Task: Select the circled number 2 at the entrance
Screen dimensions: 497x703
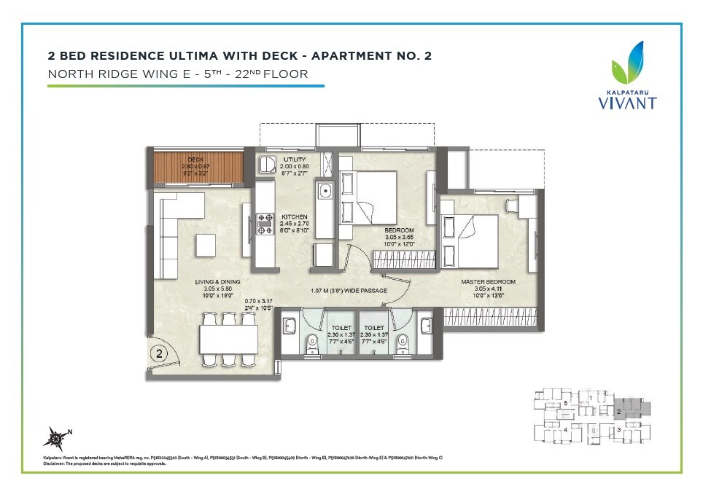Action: point(158,355)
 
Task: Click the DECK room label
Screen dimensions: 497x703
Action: point(195,159)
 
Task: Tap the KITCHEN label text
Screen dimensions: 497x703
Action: point(295,217)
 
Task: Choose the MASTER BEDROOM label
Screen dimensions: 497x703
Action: point(488,282)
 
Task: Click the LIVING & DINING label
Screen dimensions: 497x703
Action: point(217,282)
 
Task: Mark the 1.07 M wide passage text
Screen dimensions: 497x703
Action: point(349,291)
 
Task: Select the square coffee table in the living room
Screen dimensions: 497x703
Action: point(205,243)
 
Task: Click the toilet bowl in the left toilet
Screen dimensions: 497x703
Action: point(312,340)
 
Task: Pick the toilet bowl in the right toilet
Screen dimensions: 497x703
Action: point(402,340)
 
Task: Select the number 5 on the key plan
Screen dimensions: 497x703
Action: point(565,403)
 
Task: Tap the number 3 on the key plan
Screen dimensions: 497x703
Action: point(618,431)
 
